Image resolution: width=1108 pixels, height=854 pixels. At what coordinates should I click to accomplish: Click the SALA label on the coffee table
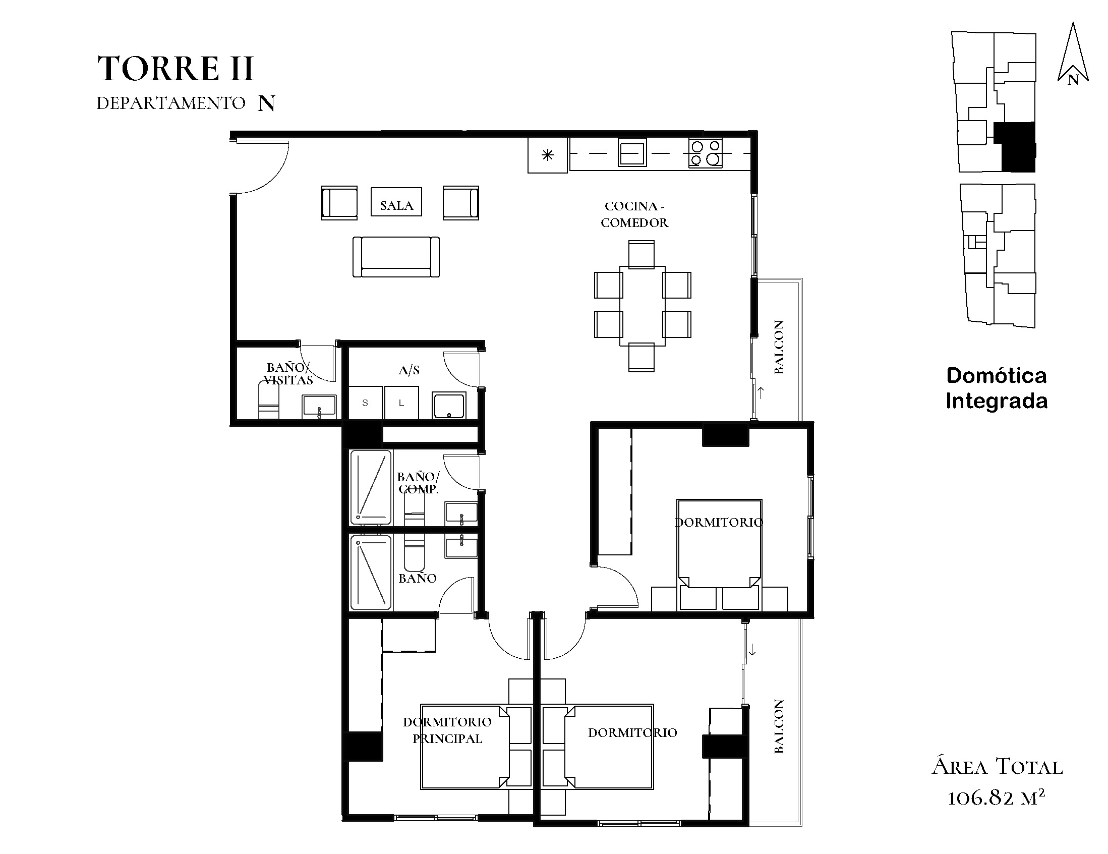tap(396, 205)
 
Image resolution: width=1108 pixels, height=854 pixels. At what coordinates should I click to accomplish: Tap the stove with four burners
tap(705, 153)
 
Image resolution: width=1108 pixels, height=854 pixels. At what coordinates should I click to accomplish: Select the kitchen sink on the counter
tap(632, 153)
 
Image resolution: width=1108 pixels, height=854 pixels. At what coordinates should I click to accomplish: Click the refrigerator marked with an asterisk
tap(547, 155)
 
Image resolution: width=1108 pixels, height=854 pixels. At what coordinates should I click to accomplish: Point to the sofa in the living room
tap(396, 257)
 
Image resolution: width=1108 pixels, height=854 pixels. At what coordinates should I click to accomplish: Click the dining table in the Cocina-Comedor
tap(643, 306)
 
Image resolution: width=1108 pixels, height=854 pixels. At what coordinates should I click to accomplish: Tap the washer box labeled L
tap(401, 403)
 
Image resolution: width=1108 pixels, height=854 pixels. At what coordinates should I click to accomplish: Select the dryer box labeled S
tap(365, 403)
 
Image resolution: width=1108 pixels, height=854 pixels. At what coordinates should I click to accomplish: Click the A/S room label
tap(409, 370)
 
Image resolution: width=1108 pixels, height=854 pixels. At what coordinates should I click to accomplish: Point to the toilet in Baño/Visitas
tap(268, 401)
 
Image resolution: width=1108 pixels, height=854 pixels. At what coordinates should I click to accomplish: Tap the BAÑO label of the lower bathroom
tap(418, 578)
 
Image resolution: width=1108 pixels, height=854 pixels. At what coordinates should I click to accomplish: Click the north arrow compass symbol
tap(1073, 53)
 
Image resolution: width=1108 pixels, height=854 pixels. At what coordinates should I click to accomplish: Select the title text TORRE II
tap(176, 69)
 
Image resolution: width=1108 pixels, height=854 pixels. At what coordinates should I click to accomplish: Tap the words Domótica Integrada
tap(997, 388)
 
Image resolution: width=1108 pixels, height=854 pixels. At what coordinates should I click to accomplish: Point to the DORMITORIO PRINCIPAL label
tap(447, 730)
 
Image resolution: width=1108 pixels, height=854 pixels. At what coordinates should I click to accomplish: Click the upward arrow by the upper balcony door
tap(761, 392)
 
